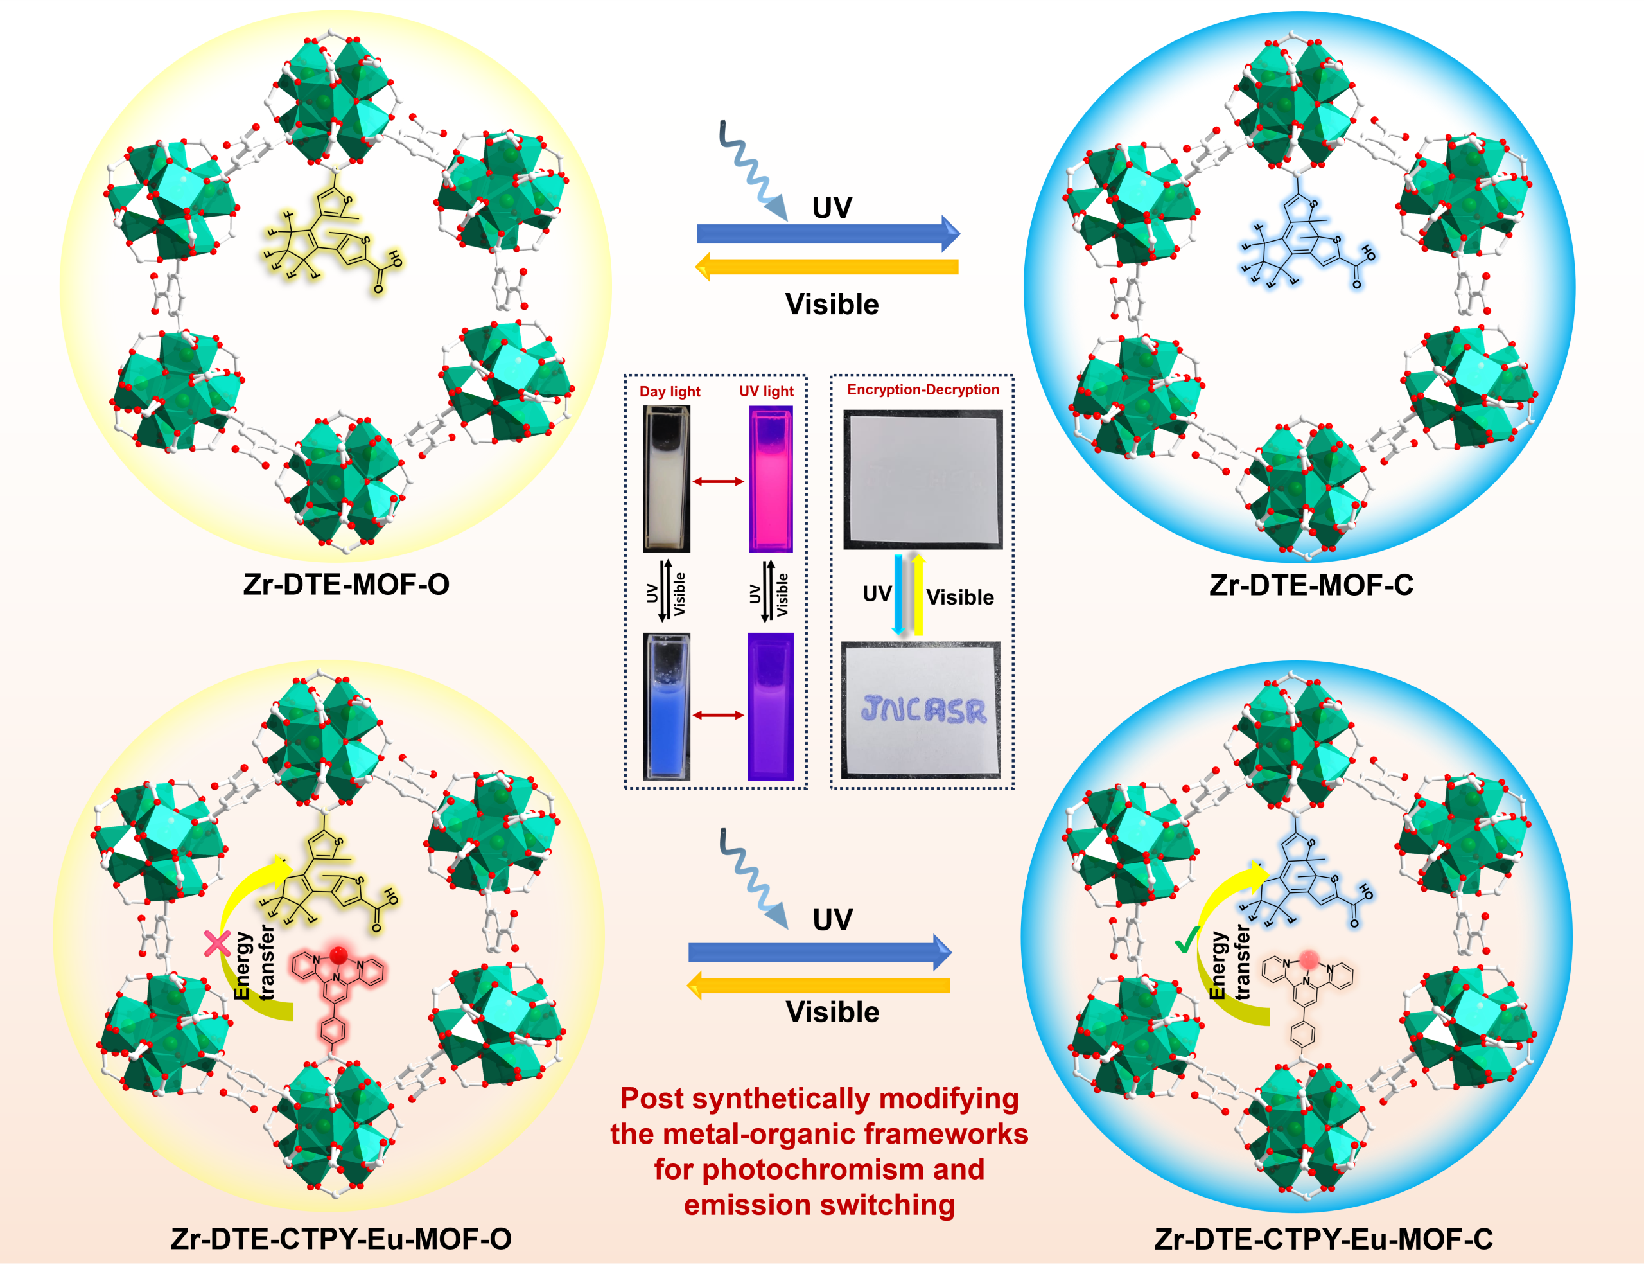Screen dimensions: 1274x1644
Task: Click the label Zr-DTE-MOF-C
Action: [1311, 585]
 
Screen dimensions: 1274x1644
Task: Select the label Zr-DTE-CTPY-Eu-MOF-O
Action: [341, 1239]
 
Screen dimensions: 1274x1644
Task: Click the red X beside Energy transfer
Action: [218, 943]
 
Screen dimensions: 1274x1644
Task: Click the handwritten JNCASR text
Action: [923, 709]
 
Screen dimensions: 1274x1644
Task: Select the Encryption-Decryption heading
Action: [923, 389]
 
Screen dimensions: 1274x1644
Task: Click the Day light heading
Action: [669, 391]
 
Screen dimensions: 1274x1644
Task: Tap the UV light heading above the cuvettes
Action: [765, 391]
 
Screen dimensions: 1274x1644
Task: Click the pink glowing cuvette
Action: [770, 480]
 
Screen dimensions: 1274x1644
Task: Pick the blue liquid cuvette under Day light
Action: [666, 706]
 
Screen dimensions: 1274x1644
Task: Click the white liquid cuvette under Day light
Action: [666, 480]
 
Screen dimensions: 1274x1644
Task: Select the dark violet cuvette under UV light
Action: [770, 706]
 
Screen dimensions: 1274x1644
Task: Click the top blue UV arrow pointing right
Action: [828, 233]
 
